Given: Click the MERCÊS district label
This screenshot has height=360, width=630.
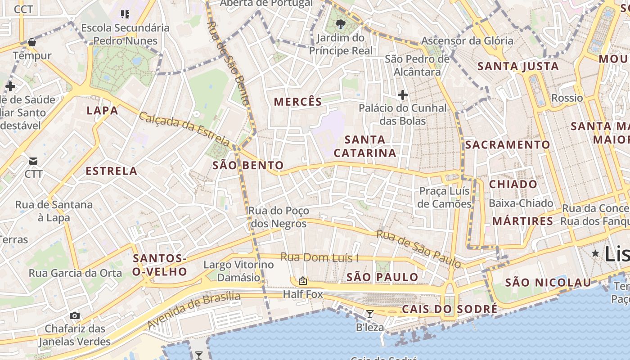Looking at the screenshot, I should (x=298, y=102).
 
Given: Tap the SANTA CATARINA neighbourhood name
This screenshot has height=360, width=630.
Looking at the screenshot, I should (x=365, y=146).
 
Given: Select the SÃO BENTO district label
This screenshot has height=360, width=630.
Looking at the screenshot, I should (x=248, y=166).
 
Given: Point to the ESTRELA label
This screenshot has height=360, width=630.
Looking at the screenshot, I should (x=111, y=171).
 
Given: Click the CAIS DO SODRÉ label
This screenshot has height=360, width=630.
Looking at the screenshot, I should (x=450, y=309).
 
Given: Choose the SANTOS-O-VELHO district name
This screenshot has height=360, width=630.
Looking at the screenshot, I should (x=160, y=265).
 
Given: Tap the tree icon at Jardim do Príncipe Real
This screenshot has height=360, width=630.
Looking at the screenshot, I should (x=341, y=24).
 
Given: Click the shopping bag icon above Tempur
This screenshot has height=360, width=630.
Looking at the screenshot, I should (x=32, y=43).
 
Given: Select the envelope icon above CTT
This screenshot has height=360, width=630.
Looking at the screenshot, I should (x=33, y=161).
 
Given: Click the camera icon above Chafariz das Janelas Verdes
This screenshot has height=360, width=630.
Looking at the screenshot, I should (x=75, y=315).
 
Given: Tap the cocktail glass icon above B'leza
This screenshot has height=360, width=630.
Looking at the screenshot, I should (x=370, y=314).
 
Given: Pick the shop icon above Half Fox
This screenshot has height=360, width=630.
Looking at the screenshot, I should (x=303, y=281).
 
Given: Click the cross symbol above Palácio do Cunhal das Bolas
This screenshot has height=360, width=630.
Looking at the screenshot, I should (x=403, y=95).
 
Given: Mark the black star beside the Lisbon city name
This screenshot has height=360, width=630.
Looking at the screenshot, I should (x=595, y=253).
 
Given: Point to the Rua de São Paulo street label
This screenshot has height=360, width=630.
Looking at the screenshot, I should (x=418, y=249).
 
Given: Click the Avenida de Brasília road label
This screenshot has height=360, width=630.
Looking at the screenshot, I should (x=193, y=310).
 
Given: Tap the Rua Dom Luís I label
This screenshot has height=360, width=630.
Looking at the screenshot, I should (x=319, y=257).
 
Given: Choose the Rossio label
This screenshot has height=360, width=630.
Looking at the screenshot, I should (x=567, y=98).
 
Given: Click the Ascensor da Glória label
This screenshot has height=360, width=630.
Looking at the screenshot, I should (x=467, y=41).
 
